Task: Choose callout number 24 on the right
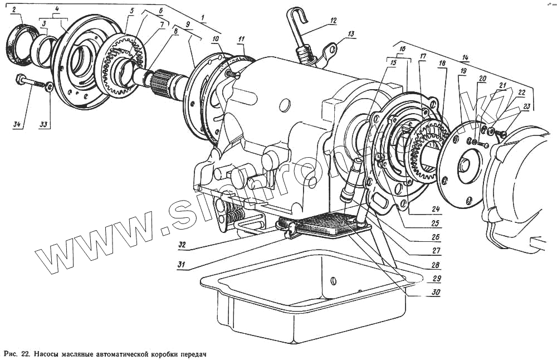(x=436, y=210)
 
